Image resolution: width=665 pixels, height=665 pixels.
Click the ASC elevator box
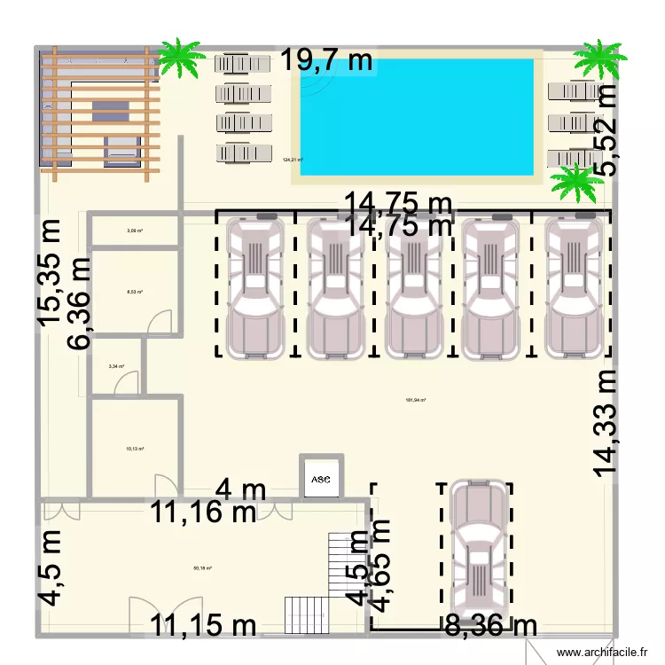coord(320,479)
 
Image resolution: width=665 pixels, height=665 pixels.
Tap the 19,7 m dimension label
coord(328,61)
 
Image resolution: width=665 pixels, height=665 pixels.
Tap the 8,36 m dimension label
coord(490,626)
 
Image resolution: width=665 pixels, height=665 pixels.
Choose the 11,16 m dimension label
coord(202,512)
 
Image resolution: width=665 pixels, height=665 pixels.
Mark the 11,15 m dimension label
coord(202,626)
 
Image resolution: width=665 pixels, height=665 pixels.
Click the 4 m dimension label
coord(240,489)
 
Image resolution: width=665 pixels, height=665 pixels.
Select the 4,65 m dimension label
coord(379,566)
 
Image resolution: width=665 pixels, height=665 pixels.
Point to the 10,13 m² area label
coord(135,449)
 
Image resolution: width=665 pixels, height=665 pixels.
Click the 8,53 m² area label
coord(135,291)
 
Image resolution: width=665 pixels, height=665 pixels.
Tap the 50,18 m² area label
coord(202,569)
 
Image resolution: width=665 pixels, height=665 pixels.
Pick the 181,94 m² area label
coord(416,400)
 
